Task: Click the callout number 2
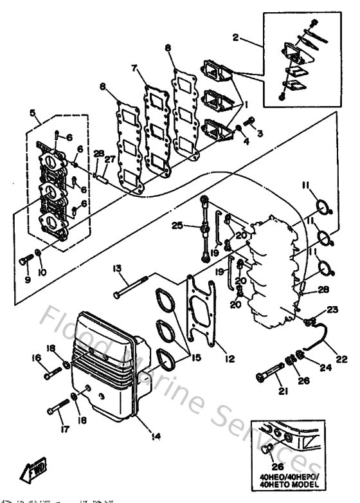point(235,38)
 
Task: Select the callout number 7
point(134,68)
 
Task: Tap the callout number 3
point(260,134)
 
